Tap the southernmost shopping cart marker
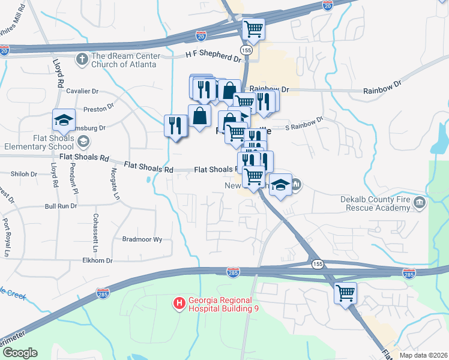(345, 293)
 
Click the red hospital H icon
(178, 304)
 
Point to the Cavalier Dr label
(82, 91)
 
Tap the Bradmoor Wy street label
(142, 239)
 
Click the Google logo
(19, 353)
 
